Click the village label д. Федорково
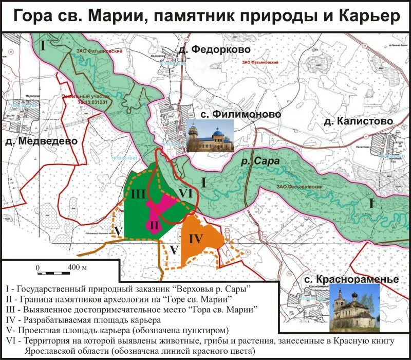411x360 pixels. coord(214,49)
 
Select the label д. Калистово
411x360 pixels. coord(358,121)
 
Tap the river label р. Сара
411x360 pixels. coord(260,161)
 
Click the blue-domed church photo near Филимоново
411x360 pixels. coord(211,135)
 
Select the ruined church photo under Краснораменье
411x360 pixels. coord(354,309)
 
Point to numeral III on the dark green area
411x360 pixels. coord(139,194)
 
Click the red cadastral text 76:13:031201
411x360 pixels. coord(90,102)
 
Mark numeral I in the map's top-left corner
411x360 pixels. coord(43,45)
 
